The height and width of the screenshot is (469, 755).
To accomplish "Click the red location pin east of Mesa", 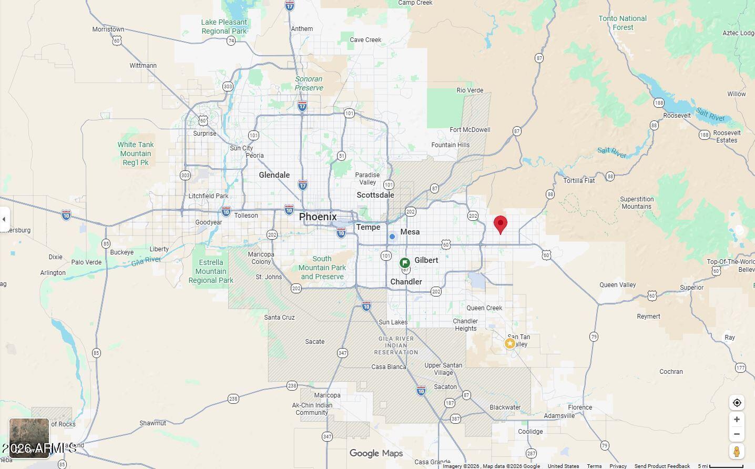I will (x=501, y=224).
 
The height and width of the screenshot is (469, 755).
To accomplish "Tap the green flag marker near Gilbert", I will (x=405, y=263).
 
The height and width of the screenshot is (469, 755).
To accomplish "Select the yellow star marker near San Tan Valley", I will (x=509, y=343).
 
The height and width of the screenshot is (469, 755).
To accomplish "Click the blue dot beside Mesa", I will (x=392, y=237).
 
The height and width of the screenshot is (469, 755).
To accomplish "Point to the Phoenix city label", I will (x=318, y=217).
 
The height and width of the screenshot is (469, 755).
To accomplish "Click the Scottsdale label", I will (x=375, y=195).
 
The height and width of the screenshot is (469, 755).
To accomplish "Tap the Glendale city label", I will (x=274, y=175).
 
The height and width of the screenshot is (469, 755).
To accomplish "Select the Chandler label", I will (x=406, y=282).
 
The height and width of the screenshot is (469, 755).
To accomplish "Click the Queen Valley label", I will (x=618, y=285).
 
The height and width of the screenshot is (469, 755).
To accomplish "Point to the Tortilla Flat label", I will (x=579, y=181).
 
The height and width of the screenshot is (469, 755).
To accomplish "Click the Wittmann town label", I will (x=143, y=66).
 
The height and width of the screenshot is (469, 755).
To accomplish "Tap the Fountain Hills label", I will (x=451, y=145).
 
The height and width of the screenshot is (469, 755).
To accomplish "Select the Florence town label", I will (x=580, y=407).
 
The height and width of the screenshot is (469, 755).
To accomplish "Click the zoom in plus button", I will (x=737, y=420).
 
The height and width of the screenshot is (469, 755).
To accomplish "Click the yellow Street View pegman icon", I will (x=737, y=451).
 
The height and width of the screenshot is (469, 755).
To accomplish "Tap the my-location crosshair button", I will (x=737, y=403).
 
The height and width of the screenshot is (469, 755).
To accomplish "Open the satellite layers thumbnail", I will (x=29, y=437).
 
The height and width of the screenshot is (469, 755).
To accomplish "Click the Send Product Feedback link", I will (x=662, y=466).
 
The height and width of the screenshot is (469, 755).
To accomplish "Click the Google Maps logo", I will (x=376, y=453).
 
